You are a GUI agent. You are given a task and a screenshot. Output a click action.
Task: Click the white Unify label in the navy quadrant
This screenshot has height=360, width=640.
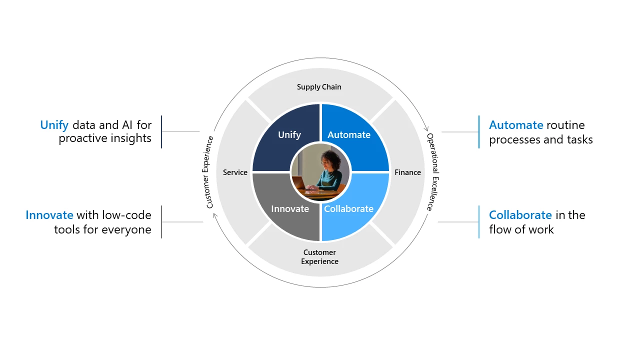(x=289, y=134)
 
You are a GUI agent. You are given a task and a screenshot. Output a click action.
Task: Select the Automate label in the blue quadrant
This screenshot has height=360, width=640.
(x=349, y=134)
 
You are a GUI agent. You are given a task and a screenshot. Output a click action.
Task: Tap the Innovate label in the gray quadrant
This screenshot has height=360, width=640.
(x=290, y=208)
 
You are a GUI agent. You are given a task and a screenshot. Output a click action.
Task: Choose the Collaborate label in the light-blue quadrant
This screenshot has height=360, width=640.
(x=348, y=208)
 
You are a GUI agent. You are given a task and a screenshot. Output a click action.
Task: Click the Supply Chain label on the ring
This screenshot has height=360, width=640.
(x=319, y=87)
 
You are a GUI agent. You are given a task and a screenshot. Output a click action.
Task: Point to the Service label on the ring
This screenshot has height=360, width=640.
(x=235, y=172)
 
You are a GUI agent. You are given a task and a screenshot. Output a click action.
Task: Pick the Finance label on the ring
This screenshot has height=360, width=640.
(x=407, y=172)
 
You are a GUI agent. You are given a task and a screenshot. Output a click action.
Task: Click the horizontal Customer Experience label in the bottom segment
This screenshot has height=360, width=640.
(x=319, y=256)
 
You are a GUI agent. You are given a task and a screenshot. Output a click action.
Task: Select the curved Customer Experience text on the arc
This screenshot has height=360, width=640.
(x=209, y=172)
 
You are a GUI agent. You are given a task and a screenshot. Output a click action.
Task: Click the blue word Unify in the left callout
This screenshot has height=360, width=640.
(x=54, y=125)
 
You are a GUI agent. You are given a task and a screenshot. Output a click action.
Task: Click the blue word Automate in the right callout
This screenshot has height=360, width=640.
(x=516, y=125)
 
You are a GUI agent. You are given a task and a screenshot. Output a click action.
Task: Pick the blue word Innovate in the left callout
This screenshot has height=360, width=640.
(x=49, y=215)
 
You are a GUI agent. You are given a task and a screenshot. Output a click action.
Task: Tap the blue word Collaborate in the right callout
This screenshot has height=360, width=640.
(x=520, y=215)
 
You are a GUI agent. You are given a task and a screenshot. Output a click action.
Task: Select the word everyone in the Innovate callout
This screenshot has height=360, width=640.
(x=126, y=229)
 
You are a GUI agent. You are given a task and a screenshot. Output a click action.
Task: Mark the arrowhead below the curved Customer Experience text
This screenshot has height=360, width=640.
(x=214, y=215)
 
